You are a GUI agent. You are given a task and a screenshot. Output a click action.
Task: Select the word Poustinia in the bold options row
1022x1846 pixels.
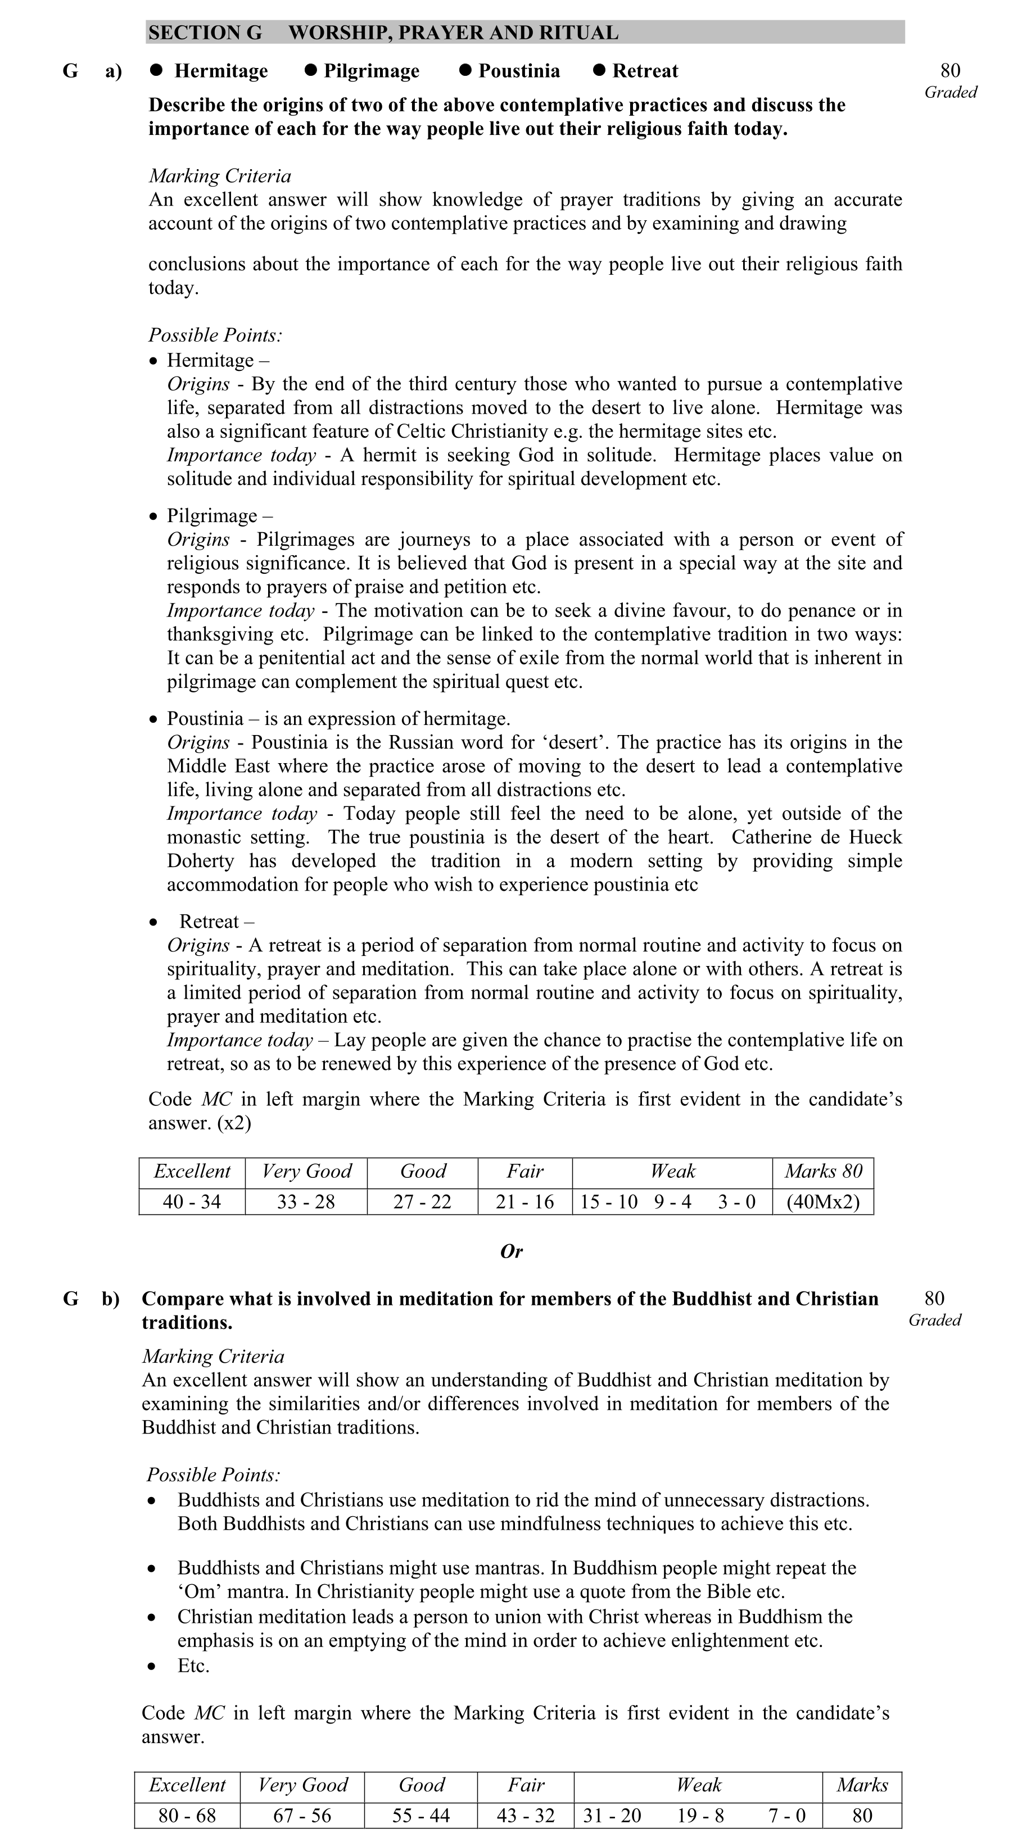click(x=519, y=71)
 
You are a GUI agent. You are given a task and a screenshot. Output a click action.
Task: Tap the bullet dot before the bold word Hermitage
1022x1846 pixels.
click(x=156, y=70)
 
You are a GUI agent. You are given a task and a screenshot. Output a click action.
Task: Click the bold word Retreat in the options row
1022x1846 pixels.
click(x=645, y=71)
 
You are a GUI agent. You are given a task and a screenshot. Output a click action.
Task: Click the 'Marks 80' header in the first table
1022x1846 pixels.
click(x=823, y=1171)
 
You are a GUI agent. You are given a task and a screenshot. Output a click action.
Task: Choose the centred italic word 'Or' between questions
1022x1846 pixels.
click(x=511, y=1251)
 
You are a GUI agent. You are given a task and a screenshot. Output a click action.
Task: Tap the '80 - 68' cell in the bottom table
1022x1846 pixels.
click(x=187, y=1815)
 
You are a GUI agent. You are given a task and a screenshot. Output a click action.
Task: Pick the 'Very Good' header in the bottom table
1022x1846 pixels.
click(x=302, y=1784)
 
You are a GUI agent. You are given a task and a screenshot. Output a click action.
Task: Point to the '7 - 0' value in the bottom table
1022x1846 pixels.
click(x=787, y=1815)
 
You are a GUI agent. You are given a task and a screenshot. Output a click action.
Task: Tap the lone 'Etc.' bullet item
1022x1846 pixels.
click(x=193, y=1666)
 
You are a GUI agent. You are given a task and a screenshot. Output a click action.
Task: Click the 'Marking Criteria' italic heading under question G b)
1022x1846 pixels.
click(x=213, y=1357)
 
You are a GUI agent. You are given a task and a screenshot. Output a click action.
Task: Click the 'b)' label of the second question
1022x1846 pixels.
click(x=110, y=1299)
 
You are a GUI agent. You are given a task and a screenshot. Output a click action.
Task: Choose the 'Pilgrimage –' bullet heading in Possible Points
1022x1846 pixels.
click(x=219, y=515)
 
